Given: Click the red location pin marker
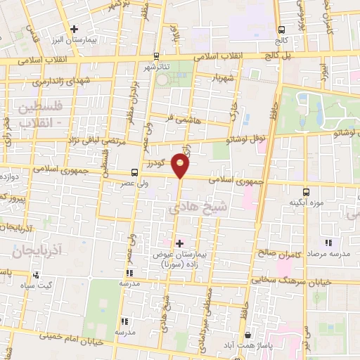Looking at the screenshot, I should pyautogui.click(x=181, y=166).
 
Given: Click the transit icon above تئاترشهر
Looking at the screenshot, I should pyautogui.click(x=155, y=58).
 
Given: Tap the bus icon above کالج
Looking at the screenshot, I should pyautogui.click(x=282, y=30).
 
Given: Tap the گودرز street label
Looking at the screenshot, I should pyautogui.click(x=158, y=163).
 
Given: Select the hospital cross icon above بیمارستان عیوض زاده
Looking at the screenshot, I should pyautogui.click(x=179, y=243).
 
